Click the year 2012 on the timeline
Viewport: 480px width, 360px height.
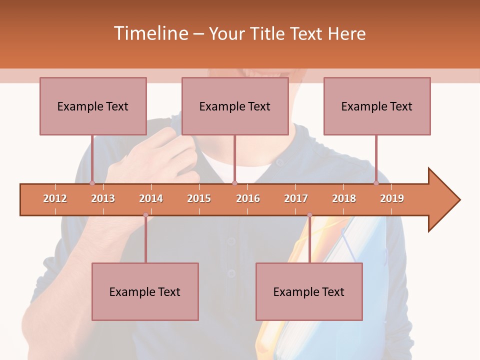55,198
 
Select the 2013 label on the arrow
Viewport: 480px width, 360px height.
103,198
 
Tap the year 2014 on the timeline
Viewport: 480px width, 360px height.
151,198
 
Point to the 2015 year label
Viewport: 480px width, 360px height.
199,198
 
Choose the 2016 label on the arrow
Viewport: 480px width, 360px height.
248,198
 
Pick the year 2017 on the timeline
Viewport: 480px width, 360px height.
296,198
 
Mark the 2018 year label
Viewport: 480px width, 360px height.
344,198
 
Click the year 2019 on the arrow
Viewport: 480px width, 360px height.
392,198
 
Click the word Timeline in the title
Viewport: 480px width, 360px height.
150,33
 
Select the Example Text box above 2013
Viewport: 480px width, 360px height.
93,106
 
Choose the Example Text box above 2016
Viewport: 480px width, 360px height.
235,106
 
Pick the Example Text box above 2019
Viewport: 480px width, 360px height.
377,106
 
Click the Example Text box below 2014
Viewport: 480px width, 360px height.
145,291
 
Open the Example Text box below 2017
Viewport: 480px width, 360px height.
309,291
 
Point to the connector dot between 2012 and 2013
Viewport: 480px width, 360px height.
92,183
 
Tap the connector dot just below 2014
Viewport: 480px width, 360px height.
145,215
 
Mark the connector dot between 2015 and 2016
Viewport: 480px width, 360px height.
234,183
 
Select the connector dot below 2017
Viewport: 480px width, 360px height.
309,215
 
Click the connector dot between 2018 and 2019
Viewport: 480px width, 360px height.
376,183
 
